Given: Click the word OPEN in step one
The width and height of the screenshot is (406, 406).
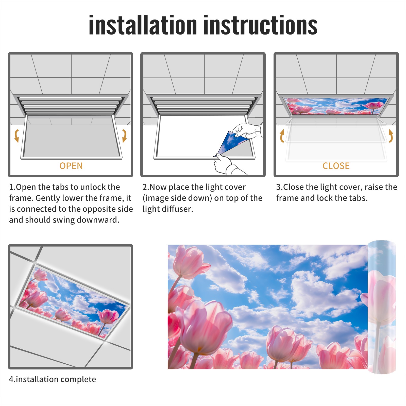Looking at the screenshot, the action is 71,166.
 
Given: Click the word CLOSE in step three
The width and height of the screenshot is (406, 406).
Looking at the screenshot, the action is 336,166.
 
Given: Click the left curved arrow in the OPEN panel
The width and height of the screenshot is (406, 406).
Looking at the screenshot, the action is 16,136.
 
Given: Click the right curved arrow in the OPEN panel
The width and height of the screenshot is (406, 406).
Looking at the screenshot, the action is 124,136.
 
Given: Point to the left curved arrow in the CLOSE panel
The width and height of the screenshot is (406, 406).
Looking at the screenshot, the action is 282,136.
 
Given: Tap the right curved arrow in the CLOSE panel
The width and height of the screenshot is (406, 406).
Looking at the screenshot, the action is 391,136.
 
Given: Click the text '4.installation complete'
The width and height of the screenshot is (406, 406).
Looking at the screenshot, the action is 53,379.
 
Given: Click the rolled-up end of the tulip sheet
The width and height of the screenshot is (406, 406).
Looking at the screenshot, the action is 382,307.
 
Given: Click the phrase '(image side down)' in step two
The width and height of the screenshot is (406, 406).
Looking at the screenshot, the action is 177,198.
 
